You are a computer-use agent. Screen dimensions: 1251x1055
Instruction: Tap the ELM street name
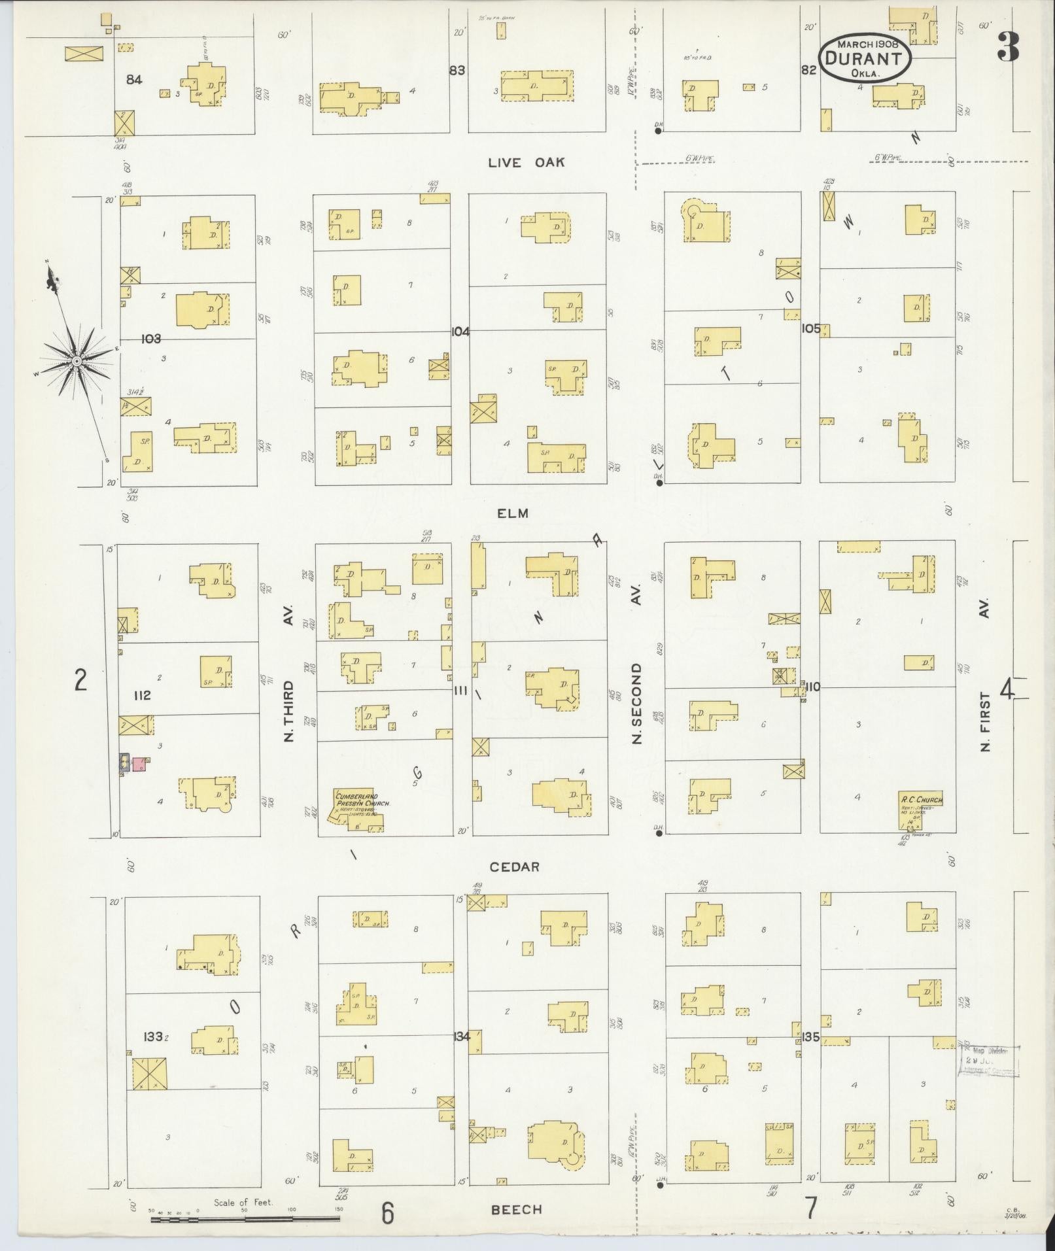click(x=512, y=513)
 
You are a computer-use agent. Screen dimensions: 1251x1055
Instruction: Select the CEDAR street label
click(x=515, y=866)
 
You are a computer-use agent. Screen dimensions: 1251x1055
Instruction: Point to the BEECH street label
click(x=517, y=1210)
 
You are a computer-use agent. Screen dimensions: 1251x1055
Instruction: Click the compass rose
click(x=77, y=360)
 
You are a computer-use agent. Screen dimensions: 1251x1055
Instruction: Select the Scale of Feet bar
click(x=245, y=1218)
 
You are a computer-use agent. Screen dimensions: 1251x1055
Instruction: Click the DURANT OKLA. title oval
click(x=865, y=59)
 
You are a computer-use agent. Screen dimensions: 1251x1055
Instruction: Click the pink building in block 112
click(x=139, y=764)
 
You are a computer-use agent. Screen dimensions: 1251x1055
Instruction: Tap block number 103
click(x=150, y=339)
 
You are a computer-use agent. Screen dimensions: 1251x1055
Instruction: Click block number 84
click(x=135, y=79)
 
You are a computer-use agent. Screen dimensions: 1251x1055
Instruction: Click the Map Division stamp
click(x=988, y=1061)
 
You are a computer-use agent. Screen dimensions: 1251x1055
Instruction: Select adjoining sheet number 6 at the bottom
click(x=388, y=1214)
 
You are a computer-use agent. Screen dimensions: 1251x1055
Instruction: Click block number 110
click(x=813, y=687)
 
